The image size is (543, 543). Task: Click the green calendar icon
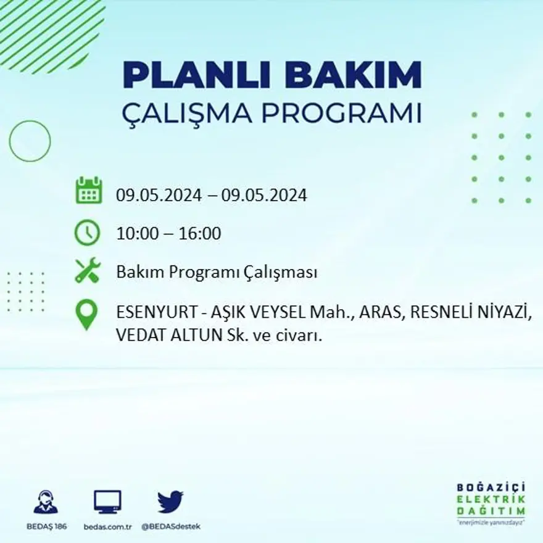(88, 191)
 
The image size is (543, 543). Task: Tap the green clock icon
(87, 233)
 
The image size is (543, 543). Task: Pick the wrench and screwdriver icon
(88, 270)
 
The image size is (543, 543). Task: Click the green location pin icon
(87, 314)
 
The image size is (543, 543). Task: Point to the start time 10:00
(138, 234)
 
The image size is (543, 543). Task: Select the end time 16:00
(200, 234)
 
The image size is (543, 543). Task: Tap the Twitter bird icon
(170, 502)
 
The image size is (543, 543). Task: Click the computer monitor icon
(107, 502)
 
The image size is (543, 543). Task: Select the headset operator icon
(46, 502)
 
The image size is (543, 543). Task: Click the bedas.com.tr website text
(108, 526)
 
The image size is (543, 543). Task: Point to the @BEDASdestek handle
(171, 526)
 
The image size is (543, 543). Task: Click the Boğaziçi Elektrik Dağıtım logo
(491, 502)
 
